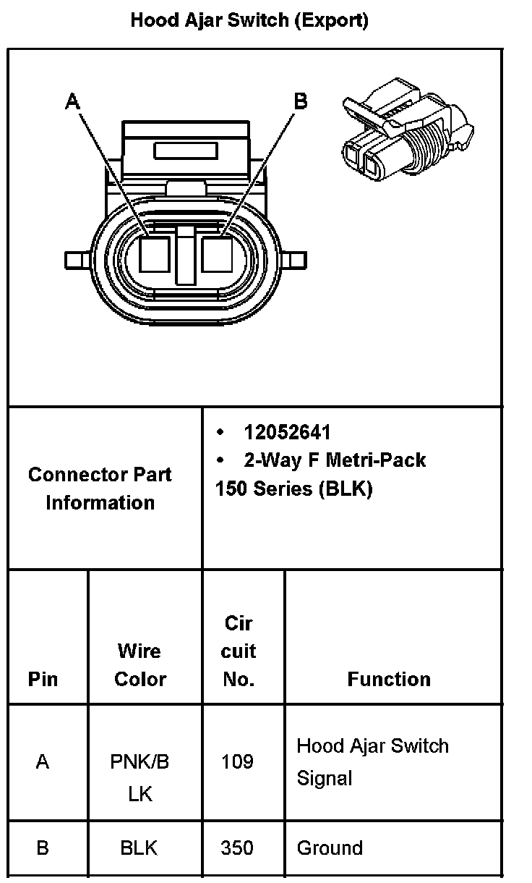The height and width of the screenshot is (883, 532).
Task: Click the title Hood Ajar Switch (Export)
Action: coord(249,20)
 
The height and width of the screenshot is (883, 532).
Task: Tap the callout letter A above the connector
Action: coord(72,101)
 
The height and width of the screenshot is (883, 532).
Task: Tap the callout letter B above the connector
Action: coord(301,101)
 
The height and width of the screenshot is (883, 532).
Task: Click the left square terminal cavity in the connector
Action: coord(154,255)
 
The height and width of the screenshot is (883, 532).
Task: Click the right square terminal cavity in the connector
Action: coord(216,255)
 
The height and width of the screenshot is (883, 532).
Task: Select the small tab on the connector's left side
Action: coord(75,259)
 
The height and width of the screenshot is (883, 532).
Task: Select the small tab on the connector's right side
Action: coord(296,259)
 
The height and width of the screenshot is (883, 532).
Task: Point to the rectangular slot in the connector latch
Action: coord(186,151)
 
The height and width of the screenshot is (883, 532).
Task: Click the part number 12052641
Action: coord(287,433)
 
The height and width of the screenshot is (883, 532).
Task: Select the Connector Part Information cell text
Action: coord(100,489)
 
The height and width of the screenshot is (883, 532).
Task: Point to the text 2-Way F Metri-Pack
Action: coord(335,460)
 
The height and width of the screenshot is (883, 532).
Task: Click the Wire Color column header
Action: coord(140,665)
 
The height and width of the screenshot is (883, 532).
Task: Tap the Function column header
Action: coord(389,679)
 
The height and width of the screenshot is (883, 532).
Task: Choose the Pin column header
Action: coord(43,679)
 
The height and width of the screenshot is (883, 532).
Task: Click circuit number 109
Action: coord(238,761)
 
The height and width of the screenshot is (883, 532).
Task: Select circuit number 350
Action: coord(238,848)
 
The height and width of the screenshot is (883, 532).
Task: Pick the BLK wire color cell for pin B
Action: coord(140,848)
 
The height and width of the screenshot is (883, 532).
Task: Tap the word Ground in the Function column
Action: coord(330,848)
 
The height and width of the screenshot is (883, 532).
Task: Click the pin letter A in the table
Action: coord(43,761)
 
